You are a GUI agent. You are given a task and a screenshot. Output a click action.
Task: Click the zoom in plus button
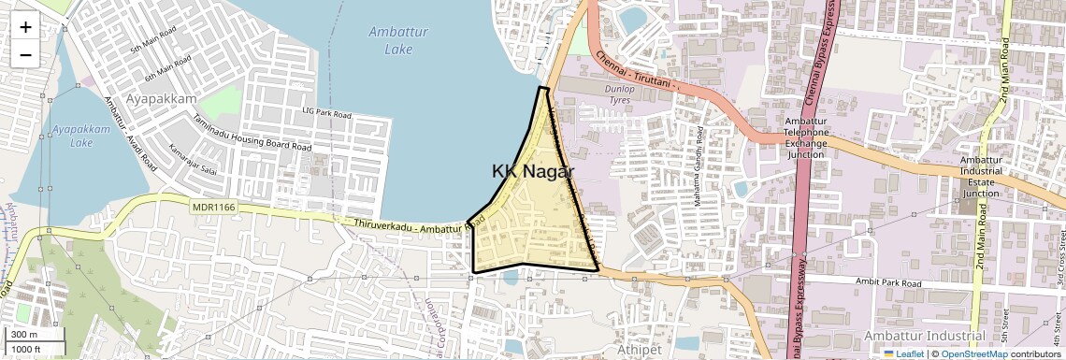coord(25,26)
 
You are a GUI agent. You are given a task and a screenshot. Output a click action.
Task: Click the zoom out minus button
coord(25,54)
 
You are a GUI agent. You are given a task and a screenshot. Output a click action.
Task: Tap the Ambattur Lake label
coord(398,38)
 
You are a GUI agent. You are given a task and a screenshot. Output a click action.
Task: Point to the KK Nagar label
coord(532,171)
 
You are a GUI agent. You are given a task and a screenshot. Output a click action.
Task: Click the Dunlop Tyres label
coord(620,94)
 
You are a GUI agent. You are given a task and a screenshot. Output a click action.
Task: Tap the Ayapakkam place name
coord(164,98)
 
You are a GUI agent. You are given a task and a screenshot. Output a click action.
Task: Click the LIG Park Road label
coord(326,113)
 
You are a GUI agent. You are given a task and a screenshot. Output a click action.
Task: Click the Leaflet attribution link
coord(903,353)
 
